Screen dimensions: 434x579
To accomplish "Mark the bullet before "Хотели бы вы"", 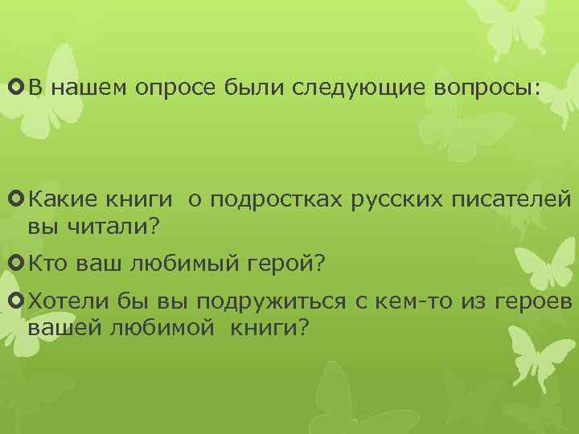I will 17,301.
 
